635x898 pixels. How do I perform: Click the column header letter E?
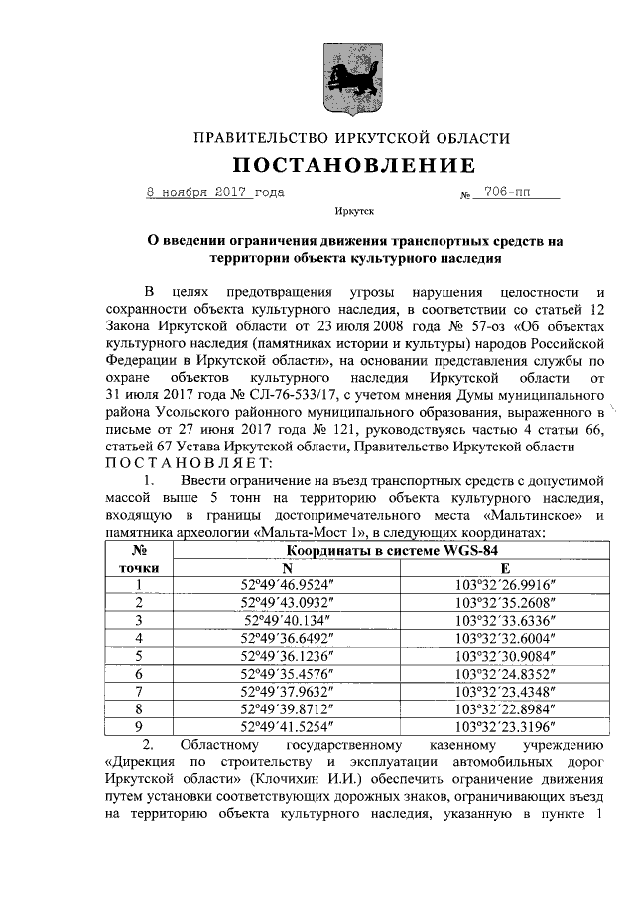(504, 568)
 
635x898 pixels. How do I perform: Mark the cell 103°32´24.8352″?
(504, 673)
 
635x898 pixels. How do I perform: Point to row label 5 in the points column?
(140, 656)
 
